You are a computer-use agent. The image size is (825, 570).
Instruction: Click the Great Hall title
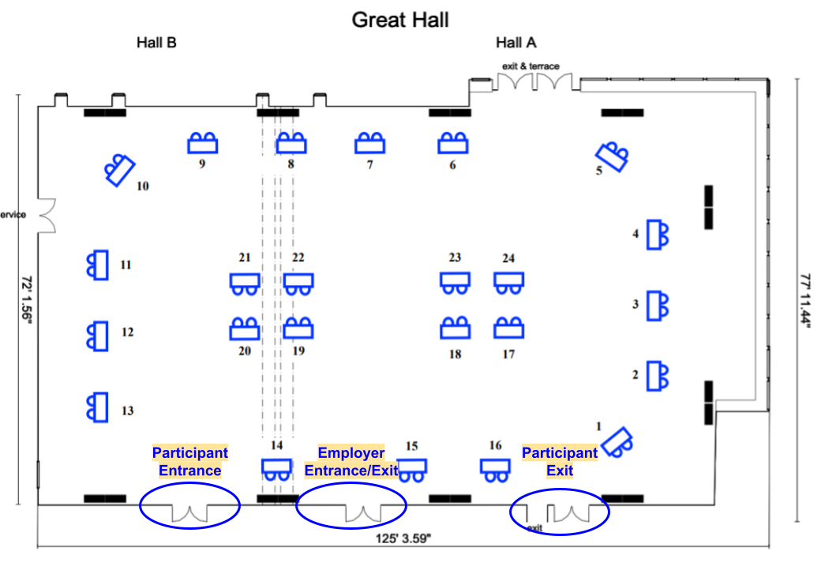point(400,20)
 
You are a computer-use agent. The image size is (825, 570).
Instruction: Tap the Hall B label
point(156,43)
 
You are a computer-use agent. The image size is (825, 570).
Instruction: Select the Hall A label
point(516,43)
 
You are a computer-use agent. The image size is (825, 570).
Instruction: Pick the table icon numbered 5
point(613,156)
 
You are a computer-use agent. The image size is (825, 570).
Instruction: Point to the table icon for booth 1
point(618,441)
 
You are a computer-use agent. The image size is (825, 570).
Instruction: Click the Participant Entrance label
point(189,462)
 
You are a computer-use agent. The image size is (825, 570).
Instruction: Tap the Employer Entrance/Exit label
point(351,462)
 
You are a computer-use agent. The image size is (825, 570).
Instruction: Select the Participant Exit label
point(560,462)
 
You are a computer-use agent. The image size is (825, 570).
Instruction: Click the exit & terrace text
point(531,66)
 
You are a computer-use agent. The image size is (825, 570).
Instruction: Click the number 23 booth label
point(455,258)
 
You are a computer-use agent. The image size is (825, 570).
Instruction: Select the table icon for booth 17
point(509,328)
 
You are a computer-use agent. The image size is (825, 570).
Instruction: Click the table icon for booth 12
point(97,336)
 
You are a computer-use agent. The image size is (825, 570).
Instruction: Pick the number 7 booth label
point(369,165)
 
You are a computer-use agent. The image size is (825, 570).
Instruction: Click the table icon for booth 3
point(657,306)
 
